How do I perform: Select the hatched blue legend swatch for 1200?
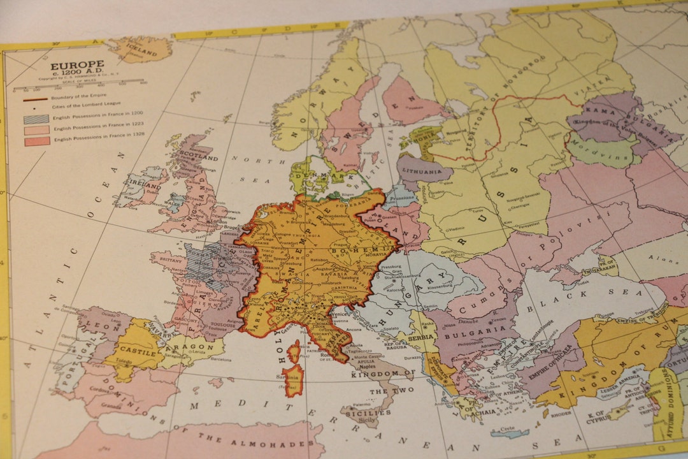(36, 119)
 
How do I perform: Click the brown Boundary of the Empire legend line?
(36, 98)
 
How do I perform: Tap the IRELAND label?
(145, 185)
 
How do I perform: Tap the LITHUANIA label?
(420, 171)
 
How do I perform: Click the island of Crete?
(510, 433)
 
